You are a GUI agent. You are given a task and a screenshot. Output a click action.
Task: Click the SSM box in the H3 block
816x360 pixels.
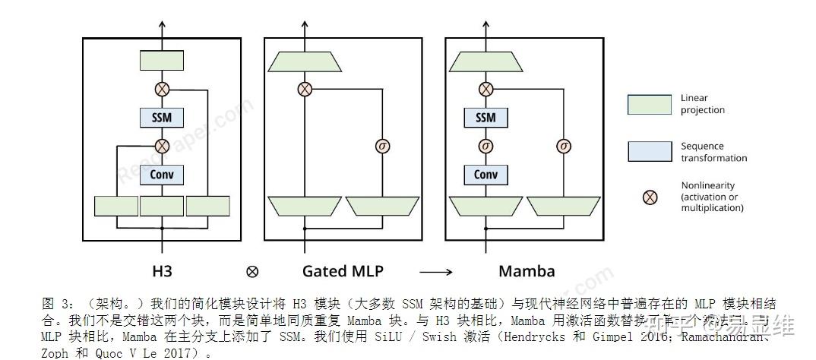coord(162,118)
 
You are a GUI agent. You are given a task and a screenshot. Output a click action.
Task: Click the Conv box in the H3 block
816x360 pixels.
coord(162,175)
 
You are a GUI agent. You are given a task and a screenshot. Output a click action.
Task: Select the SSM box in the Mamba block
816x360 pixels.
coord(485,118)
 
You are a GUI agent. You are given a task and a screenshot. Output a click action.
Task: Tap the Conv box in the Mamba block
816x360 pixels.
coord(485,175)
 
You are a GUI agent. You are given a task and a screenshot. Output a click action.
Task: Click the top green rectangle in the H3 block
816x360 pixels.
coord(162,61)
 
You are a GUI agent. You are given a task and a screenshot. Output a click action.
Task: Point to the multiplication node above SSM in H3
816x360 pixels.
coord(162,89)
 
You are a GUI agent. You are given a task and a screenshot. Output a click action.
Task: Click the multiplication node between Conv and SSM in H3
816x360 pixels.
coord(162,146)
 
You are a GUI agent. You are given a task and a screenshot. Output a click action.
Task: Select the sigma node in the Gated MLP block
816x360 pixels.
coord(382,146)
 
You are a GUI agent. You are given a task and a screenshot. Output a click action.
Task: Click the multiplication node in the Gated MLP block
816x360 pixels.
coord(304,89)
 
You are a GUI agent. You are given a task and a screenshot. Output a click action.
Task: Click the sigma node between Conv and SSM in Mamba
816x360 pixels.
coord(485,146)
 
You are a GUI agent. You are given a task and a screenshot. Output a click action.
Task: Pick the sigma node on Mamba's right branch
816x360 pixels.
coord(563,146)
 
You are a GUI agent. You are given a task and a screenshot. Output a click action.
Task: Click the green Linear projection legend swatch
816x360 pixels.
coord(650,105)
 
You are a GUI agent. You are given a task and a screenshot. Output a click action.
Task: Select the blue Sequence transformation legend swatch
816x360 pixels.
coord(650,151)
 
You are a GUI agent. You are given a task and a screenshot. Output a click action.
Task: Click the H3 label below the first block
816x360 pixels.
coord(162,270)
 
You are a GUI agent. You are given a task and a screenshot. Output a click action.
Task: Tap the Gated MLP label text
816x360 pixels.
coord(343,270)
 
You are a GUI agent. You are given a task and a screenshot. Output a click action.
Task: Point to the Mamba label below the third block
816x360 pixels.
coord(527,270)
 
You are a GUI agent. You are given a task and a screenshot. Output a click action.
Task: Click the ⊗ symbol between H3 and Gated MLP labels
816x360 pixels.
coord(252,271)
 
